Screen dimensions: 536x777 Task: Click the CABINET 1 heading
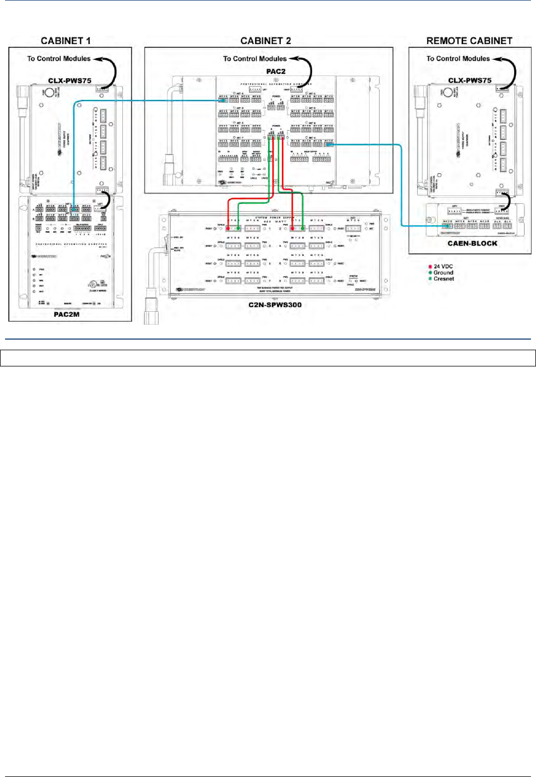(65, 41)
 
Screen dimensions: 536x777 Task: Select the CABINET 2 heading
(265, 41)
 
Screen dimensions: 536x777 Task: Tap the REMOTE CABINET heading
(469, 41)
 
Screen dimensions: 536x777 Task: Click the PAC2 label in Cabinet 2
(276, 71)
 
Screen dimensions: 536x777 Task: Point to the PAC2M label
(66, 314)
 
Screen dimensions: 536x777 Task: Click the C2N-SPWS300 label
(275, 305)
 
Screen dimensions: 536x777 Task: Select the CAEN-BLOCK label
(472, 244)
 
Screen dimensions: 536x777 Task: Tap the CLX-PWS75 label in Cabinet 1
(70, 80)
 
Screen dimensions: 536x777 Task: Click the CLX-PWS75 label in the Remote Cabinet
(470, 80)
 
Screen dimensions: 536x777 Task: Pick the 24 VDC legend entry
(443, 266)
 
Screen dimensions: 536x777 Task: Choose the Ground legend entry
(443, 273)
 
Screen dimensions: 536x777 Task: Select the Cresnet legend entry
(443, 279)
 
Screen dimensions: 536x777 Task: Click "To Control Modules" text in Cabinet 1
(59, 59)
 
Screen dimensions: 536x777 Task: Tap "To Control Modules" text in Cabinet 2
(255, 59)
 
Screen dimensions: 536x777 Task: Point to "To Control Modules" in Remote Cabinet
(458, 59)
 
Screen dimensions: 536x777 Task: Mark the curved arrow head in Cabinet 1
(97, 59)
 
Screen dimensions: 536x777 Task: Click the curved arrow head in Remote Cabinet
(496, 59)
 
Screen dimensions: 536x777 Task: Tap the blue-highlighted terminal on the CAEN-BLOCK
(447, 226)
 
